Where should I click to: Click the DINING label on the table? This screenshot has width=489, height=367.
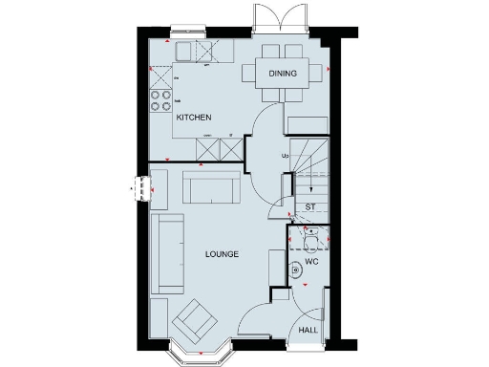coord(282,74)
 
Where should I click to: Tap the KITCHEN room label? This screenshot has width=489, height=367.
coord(193,117)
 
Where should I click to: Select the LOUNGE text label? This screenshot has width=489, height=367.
coord(222,254)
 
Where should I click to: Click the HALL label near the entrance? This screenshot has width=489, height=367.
coord(308,329)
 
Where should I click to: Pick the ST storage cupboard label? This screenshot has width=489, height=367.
coord(309,206)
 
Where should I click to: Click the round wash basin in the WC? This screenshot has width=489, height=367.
coord(297,271)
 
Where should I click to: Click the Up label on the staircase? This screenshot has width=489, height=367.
coord(285,156)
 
